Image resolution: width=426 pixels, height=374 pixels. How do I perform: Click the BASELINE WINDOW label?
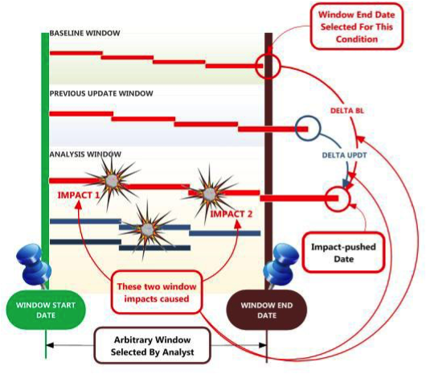pos(84,33)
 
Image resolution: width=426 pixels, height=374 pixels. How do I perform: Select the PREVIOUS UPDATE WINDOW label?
pos(101,93)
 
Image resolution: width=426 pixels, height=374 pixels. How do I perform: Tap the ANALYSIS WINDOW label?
pos(85,154)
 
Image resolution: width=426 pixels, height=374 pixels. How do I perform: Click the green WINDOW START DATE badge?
pos(46,310)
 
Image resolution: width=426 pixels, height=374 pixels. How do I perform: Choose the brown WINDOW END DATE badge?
pos(267,310)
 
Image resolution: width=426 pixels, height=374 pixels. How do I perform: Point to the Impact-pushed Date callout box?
pos(344,253)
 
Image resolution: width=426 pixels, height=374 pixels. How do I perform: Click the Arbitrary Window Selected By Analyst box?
pos(152,346)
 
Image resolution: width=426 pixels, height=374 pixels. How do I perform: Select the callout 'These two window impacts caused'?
pos(157,293)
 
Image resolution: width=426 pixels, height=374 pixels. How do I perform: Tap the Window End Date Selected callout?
pos(356,27)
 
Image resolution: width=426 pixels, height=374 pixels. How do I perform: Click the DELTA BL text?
pos(347,111)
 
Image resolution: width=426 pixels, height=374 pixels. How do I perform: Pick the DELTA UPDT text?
pos(345,155)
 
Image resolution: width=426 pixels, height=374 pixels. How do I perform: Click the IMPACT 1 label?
pos(79,195)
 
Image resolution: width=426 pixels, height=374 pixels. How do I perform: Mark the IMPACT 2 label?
pos(231,214)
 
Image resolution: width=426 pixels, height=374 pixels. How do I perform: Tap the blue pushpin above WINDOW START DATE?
pos(33,265)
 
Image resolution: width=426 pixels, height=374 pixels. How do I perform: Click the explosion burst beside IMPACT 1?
pos(112,180)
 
